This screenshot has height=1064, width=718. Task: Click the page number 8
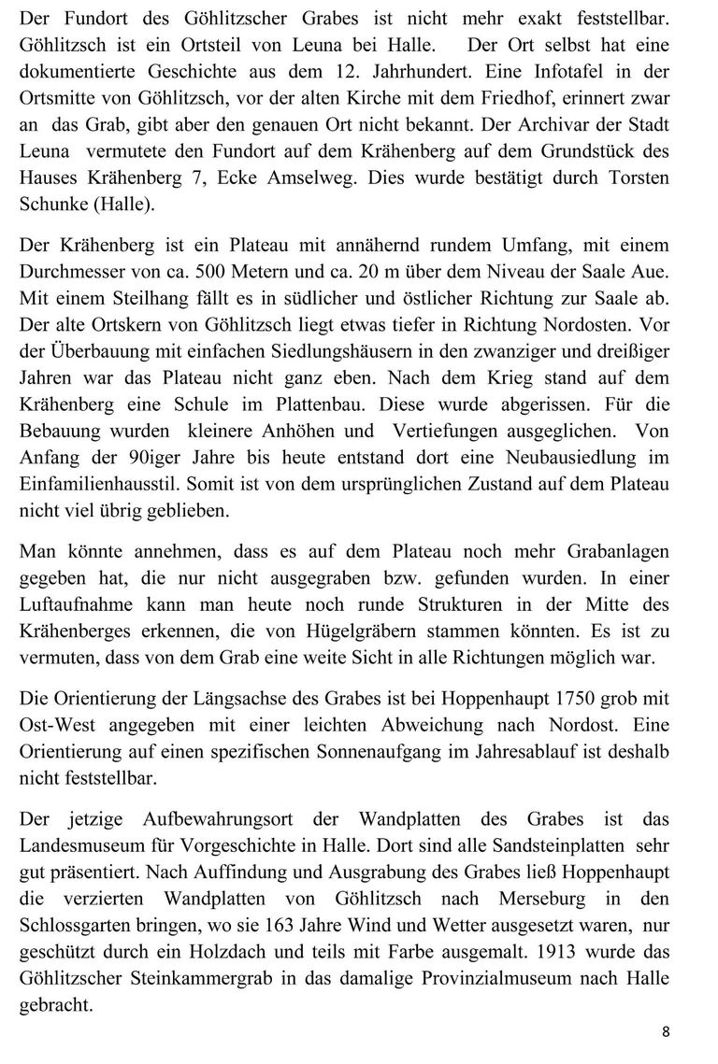(666, 1032)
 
